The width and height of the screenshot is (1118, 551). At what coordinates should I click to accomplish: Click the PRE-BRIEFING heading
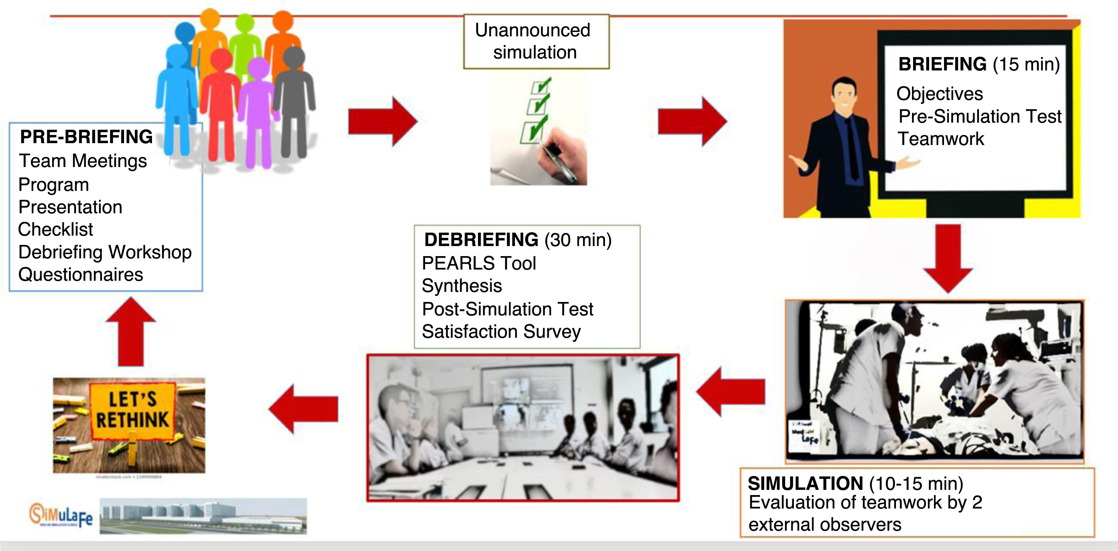(86, 137)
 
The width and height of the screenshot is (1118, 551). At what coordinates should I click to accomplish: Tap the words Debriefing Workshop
(105, 252)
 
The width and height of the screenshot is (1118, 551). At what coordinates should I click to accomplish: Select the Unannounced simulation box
(536, 42)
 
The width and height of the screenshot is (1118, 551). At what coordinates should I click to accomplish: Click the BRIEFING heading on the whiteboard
(942, 64)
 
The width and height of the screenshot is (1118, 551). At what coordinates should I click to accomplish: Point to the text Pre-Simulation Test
(979, 116)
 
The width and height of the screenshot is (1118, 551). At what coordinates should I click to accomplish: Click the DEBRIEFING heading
(481, 240)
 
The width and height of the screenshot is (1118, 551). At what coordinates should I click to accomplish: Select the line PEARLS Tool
(479, 264)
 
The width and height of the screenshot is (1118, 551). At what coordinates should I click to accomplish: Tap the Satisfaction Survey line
(501, 332)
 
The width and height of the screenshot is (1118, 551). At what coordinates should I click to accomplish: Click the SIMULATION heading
(805, 484)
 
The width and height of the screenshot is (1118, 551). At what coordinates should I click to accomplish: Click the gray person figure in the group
(294, 100)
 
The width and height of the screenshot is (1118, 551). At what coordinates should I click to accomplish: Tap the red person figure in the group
(221, 104)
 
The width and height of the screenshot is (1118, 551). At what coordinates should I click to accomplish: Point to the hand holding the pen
(562, 158)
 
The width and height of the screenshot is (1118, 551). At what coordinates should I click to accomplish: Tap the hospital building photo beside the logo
(203, 516)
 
